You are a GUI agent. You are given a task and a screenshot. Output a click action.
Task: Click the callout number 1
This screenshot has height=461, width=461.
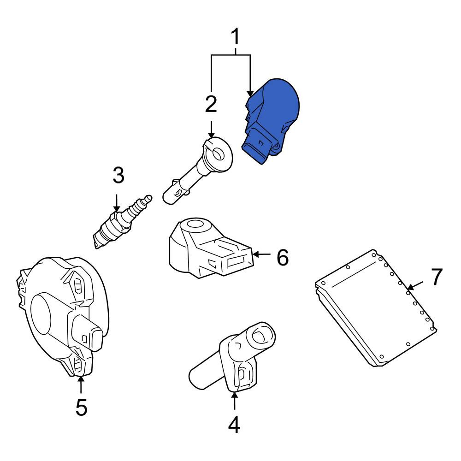(235, 37)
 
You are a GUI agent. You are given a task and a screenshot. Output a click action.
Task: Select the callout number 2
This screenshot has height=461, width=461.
(211, 104)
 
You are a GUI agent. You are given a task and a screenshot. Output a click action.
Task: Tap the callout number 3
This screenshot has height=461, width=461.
(118, 175)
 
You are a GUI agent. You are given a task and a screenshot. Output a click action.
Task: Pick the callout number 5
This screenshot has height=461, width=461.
(82, 407)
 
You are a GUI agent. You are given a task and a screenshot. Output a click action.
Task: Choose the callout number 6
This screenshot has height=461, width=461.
(283, 257)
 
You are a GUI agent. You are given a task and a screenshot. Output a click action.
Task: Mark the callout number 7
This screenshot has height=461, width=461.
(437, 277)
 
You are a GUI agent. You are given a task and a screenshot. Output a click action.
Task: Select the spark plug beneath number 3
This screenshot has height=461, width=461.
(123, 222)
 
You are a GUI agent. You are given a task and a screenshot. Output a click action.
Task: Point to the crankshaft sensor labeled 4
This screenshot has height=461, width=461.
(232, 357)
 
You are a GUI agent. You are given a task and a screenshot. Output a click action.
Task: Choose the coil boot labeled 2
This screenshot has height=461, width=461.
(198, 171)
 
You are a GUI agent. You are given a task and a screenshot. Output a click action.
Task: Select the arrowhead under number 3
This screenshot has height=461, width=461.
(117, 209)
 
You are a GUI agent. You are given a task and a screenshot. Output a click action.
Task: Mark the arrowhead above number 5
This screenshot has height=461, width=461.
(81, 379)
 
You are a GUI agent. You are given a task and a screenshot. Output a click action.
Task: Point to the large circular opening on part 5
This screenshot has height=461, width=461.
(41, 314)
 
